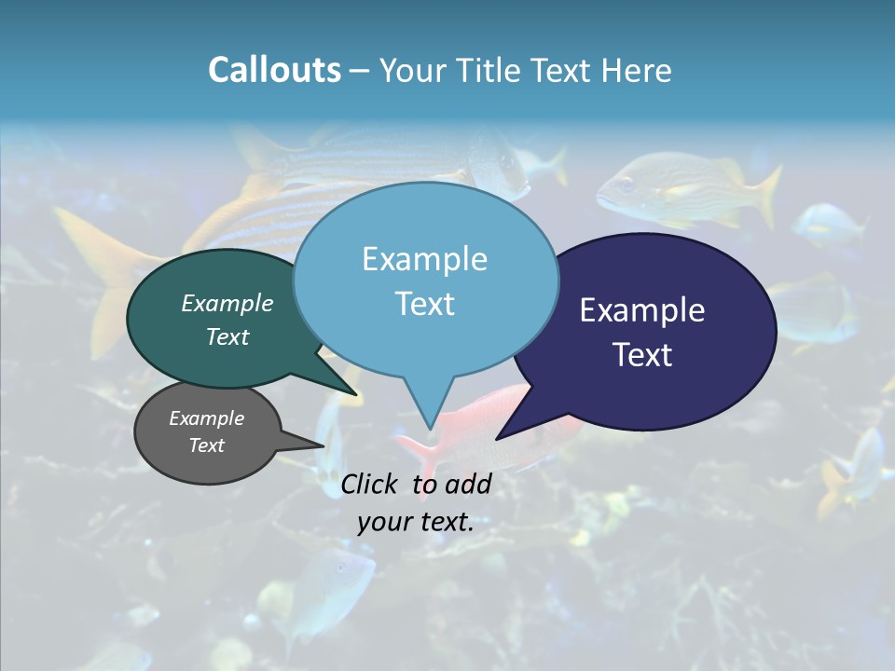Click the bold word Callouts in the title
(x=274, y=70)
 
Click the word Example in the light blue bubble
(x=424, y=259)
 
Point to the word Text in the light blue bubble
(x=424, y=304)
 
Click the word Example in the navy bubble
(x=642, y=310)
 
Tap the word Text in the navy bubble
(x=642, y=355)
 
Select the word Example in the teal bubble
(x=227, y=303)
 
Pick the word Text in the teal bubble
(x=227, y=336)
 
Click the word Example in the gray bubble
(x=206, y=418)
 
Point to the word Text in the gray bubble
(x=206, y=445)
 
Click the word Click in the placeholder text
(x=371, y=484)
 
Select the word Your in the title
(x=415, y=70)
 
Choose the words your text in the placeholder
(x=415, y=522)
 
